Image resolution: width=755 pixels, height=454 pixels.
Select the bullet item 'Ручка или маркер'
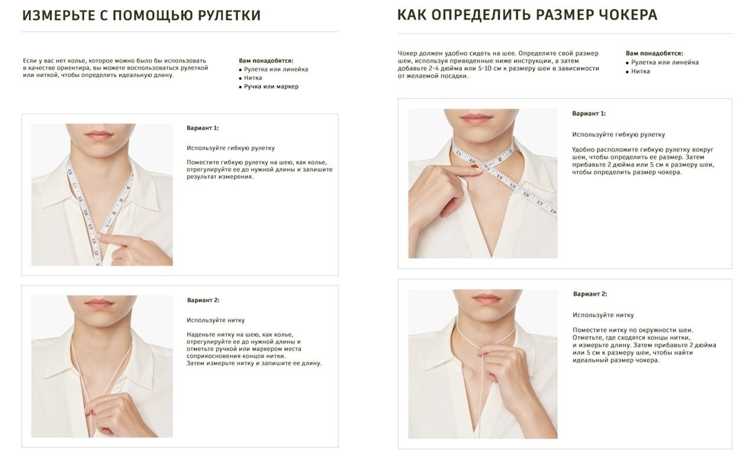[271, 87]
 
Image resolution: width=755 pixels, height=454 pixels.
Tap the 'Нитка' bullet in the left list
[253, 78]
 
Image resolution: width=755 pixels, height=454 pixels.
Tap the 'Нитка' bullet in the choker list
[641, 71]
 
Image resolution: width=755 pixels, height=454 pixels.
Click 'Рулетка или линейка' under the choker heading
[665, 63]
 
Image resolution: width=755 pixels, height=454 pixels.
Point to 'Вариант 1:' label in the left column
[202, 128]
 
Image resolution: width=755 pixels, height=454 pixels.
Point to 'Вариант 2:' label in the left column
[203, 300]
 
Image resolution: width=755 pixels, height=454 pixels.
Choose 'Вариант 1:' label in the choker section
[589, 114]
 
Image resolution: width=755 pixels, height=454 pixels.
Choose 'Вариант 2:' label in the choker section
[590, 294]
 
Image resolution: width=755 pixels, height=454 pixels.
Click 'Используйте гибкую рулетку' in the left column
[231, 148]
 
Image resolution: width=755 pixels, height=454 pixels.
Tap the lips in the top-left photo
[99, 134]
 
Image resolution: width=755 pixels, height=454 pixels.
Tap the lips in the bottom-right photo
[485, 299]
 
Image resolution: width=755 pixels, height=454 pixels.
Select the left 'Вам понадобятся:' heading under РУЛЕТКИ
[266, 61]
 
